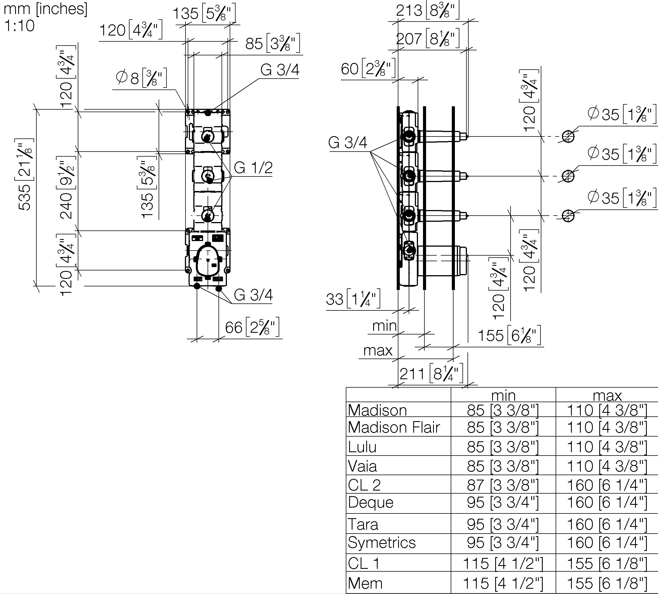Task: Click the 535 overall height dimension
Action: coord(25,174)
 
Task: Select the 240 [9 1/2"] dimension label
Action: coord(67,187)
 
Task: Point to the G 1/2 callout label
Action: coord(253,168)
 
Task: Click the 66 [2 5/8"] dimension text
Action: coord(252,327)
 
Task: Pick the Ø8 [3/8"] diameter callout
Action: coord(141,78)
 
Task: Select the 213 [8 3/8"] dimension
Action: coord(427,10)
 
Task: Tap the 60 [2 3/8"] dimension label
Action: coord(368,69)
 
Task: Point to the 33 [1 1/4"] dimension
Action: coord(353,299)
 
